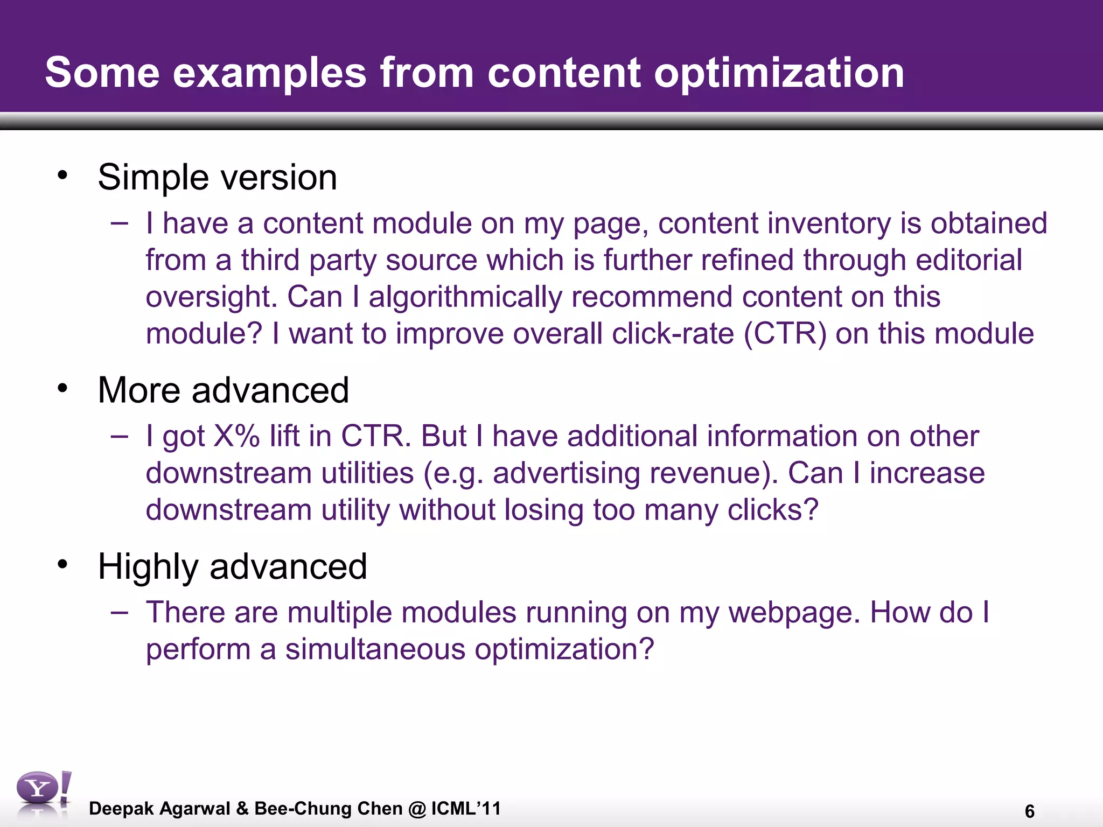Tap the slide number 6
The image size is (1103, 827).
pyautogui.click(x=1029, y=811)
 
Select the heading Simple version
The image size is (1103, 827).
pyautogui.click(x=217, y=177)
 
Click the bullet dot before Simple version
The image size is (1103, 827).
pyautogui.click(x=63, y=175)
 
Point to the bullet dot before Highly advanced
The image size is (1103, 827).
pyautogui.click(x=63, y=564)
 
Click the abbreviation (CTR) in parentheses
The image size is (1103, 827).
pyautogui.click(x=785, y=333)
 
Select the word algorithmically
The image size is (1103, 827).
pyautogui.click(x=465, y=297)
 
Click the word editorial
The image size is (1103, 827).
pyautogui.click(x=968, y=260)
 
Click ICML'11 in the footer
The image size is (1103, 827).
pyautogui.click(x=466, y=808)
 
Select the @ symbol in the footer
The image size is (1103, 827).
pyautogui.click(x=417, y=808)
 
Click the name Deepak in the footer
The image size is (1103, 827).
pyautogui.click(x=121, y=808)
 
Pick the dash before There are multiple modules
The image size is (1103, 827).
pyautogui.click(x=120, y=612)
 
